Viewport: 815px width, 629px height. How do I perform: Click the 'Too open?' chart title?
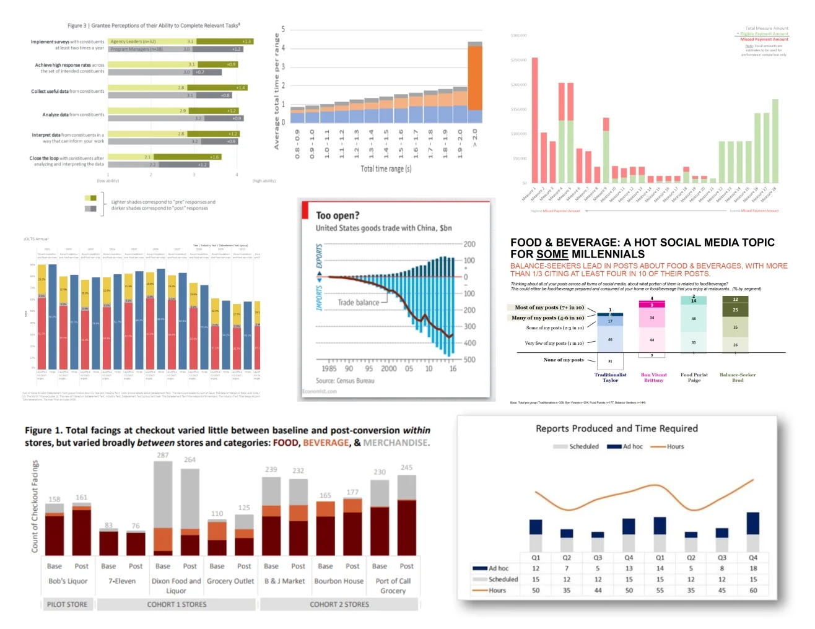(338, 215)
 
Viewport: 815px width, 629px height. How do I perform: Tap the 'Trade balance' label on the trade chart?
(358, 303)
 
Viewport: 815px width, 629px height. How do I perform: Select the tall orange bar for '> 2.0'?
(475, 77)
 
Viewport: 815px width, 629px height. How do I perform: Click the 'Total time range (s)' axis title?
(386, 168)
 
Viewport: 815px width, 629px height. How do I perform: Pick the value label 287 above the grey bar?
(163, 455)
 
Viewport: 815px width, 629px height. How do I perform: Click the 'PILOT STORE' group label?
(68, 604)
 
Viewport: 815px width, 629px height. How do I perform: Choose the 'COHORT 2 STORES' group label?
(339, 604)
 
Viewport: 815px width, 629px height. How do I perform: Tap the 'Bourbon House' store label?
(339, 581)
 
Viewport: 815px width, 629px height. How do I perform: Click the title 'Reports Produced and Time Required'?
(616, 428)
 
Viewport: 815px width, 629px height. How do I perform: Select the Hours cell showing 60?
(753, 590)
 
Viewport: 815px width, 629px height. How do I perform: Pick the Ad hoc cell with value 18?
(753, 568)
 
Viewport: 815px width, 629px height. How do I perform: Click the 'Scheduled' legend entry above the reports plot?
(577, 446)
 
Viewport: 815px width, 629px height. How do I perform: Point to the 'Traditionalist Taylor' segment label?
(610, 377)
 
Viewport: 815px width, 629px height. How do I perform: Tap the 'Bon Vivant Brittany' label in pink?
(653, 377)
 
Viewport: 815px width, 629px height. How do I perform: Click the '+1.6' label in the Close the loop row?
(214, 157)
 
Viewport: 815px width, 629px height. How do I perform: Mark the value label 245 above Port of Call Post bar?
(406, 467)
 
